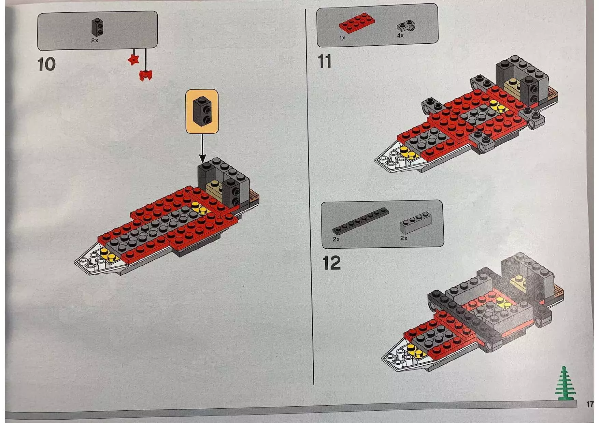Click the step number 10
(x=46, y=64)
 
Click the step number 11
(x=324, y=62)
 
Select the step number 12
(x=331, y=263)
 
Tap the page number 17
(x=590, y=404)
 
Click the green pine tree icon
(x=565, y=384)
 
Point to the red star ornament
(x=133, y=60)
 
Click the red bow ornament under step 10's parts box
(x=146, y=75)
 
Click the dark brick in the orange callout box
(x=202, y=111)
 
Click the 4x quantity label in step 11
(x=400, y=35)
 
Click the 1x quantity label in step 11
(x=342, y=38)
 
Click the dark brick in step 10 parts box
(x=97, y=27)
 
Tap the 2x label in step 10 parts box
(x=95, y=40)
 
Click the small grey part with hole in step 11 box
(x=406, y=26)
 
